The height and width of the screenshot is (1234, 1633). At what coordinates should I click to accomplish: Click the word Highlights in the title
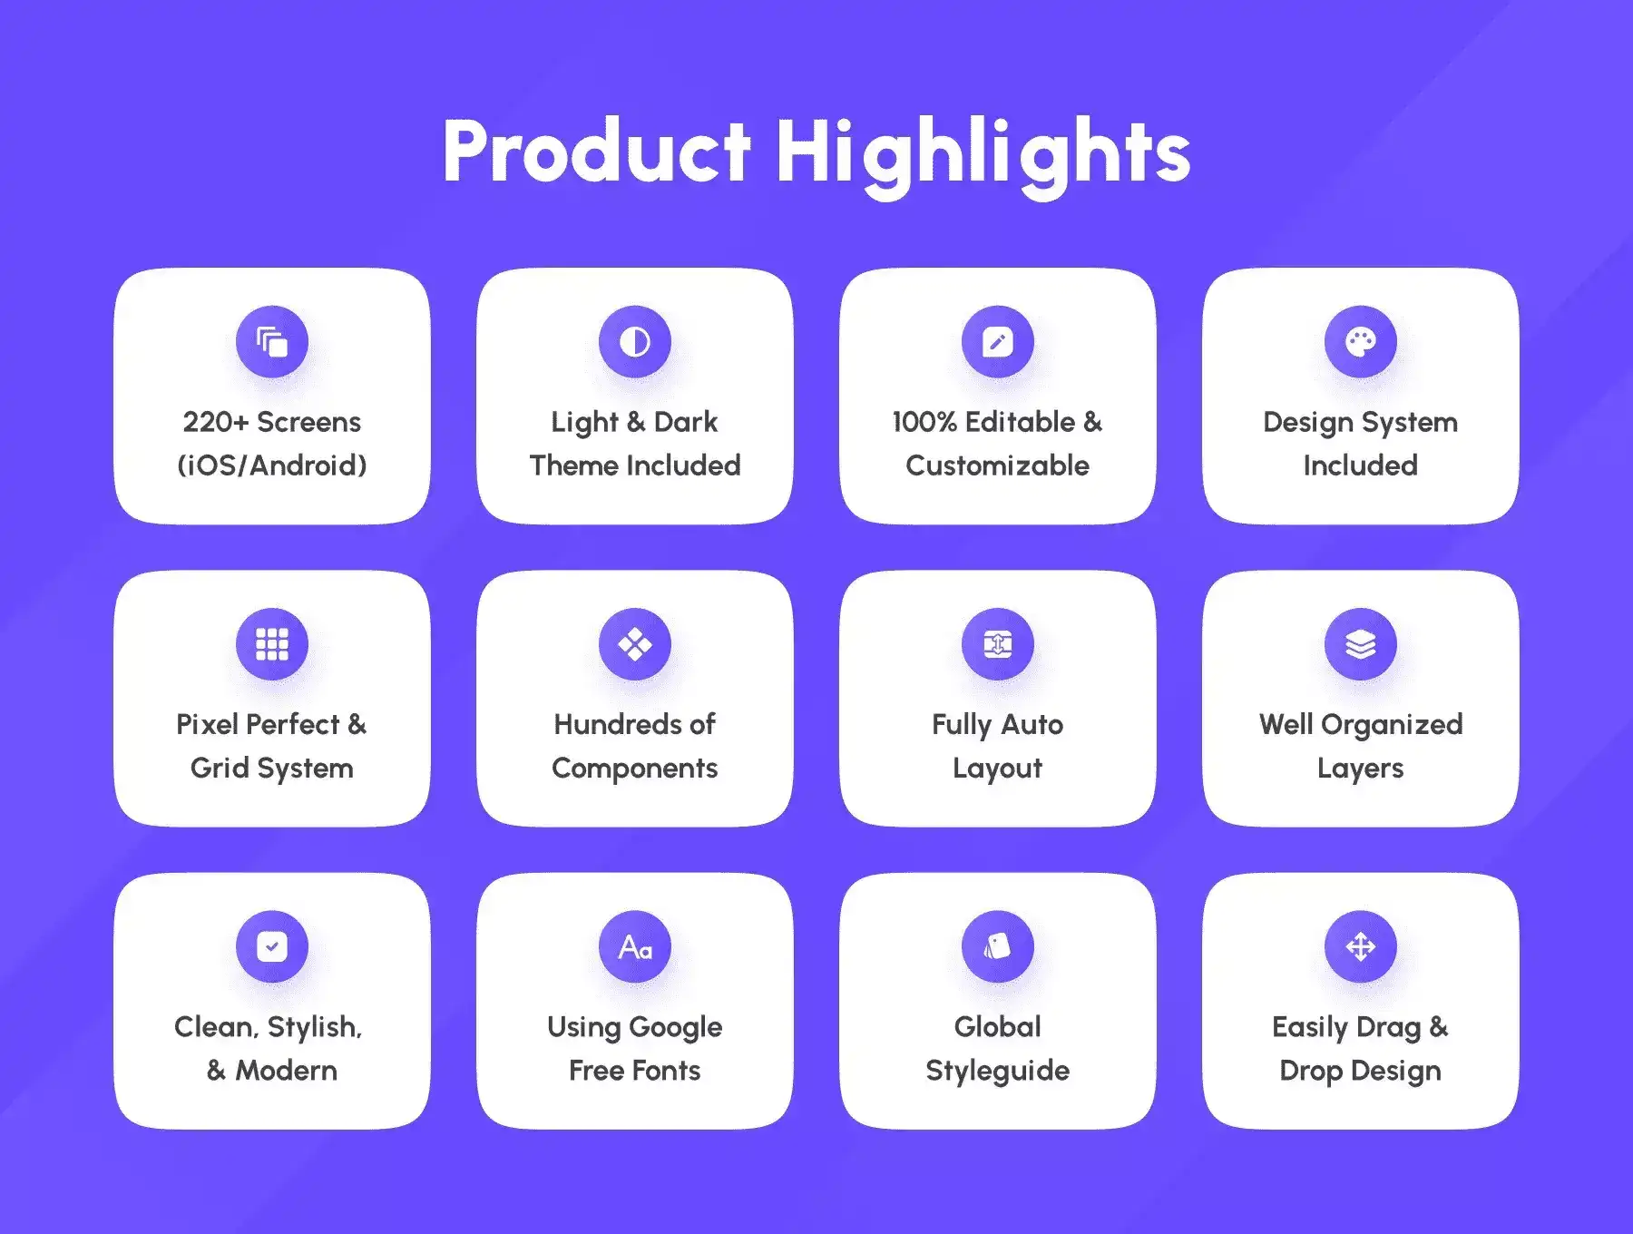pyautogui.click(x=983, y=155)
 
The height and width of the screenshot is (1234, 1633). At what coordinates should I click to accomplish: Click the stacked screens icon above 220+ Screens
pyautogui.click(x=272, y=342)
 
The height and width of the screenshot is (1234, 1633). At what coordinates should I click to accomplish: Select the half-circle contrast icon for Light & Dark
pyautogui.click(x=635, y=342)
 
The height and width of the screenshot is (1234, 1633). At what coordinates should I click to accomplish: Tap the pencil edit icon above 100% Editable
pyautogui.click(x=998, y=342)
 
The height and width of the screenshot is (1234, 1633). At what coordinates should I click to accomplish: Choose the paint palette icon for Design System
pyautogui.click(x=1361, y=342)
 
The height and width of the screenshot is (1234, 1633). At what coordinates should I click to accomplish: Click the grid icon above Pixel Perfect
pyautogui.click(x=272, y=644)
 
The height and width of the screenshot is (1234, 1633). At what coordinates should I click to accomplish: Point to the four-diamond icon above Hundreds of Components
pyautogui.click(x=635, y=644)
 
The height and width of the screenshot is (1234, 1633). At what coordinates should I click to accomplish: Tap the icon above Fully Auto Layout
pyautogui.click(x=998, y=644)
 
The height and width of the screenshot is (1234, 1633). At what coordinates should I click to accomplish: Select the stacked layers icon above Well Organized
pyautogui.click(x=1361, y=644)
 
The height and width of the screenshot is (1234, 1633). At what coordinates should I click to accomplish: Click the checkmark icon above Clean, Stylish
pyautogui.click(x=272, y=946)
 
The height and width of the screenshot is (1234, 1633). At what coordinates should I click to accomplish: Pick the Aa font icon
pyautogui.click(x=635, y=947)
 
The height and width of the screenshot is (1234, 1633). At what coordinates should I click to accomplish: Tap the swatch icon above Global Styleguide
pyautogui.click(x=998, y=946)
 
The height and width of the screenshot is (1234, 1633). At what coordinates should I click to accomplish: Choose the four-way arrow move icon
pyautogui.click(x=1361, y=946)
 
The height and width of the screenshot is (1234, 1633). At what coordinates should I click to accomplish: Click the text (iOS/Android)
pyautogui.click(x=272, y=465)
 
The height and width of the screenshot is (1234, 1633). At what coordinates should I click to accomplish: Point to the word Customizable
pyautogui.click(x=998, y=465)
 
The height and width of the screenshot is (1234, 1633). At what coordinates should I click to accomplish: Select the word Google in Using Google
pyautogui.click(x=676, y=1028)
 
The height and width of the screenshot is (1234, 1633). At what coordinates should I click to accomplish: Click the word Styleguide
pyautogui.click(x=998, y=1072)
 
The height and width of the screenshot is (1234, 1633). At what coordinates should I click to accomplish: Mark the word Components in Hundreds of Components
pyautogui.click(x=635, y=769)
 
